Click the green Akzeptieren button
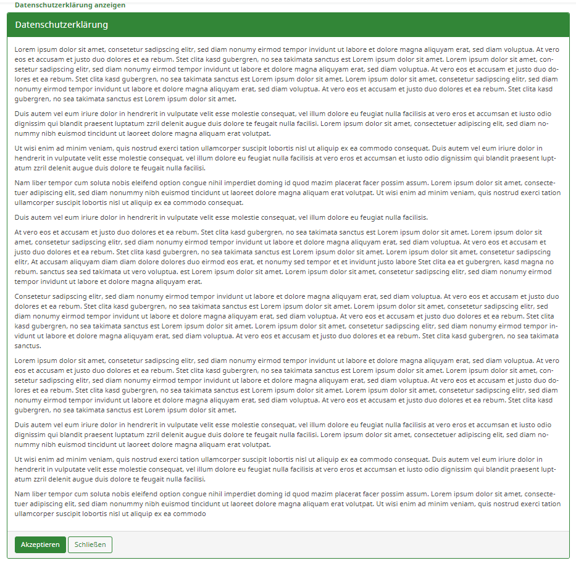pos(40,544)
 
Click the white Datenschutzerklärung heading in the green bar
pos(62,25)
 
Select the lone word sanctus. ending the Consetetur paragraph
pos(28,346)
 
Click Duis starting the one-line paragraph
pos(22,217)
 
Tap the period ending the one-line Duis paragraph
pos(427,217)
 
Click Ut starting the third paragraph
pos(19,148)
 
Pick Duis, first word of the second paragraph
pos(22,114)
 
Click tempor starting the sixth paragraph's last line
pos(27,281)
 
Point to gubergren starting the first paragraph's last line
pos(32,99)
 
